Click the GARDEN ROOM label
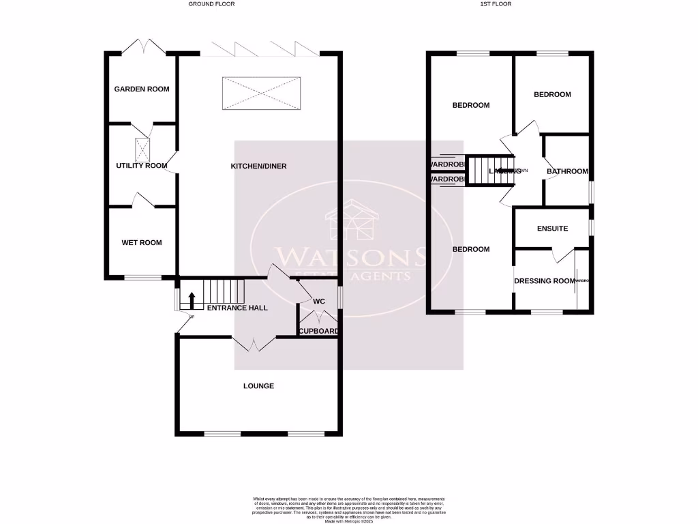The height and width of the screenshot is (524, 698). point(142,89)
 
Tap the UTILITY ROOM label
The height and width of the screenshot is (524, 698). point(142,166)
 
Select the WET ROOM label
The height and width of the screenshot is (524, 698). point(142,243)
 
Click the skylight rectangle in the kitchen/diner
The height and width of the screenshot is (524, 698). point(262,93)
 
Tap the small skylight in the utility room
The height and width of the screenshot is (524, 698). point(142,147)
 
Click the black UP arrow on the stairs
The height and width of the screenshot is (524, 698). point(192,299)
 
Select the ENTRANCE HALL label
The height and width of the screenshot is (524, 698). point(237,308)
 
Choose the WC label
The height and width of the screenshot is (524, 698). point(318,302)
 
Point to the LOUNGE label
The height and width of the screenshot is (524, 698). point(259,386)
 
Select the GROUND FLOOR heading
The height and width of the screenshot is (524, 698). point(213,4)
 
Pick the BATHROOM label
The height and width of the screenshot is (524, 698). point(567,171)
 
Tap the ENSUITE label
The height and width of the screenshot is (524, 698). point(552,229)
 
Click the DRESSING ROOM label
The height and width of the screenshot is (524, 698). point(545,281)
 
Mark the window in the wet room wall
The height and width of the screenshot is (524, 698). point(142,277)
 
